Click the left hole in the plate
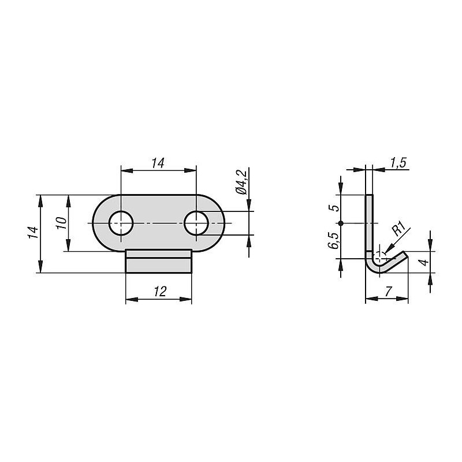[x=121, y=223]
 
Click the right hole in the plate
[x=196, y=223]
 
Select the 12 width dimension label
[x=160, y=292]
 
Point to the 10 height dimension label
[x=61, y=223]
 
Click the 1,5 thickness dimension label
[x=398, y=162]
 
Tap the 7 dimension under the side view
[x=388, y=292]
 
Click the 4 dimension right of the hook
[x=424, y=262]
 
